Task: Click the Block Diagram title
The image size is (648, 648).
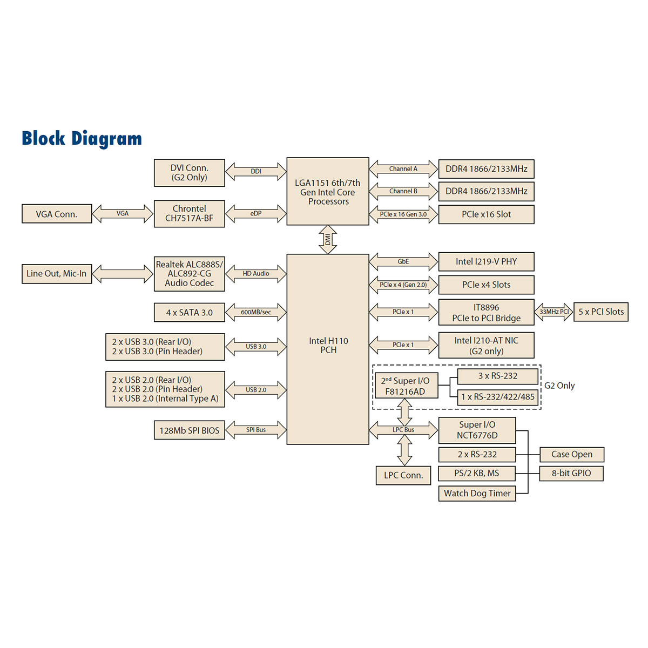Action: tap(82, 138)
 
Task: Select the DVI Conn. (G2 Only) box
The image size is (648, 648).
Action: tap(189, 173)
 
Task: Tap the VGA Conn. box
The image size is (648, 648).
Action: tap(57, 214)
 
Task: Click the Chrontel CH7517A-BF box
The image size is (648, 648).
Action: tap(189, 213)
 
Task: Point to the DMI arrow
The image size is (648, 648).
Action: tap(328, 239)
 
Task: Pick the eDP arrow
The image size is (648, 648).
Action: tap(255, 213)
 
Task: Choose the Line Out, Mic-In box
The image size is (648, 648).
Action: tap(57, 273)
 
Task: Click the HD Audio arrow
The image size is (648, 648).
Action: tap(255, 274)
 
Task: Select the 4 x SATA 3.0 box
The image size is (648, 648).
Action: tap(189, 312)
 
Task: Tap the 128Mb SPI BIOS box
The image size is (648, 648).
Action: tap(189, 430)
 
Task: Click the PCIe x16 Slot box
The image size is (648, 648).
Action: tap(486, 214)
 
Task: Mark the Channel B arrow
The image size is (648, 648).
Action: tap(403, 191)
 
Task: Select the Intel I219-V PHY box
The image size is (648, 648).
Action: tap(486, 261)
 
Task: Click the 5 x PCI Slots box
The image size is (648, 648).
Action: tap(600, 312)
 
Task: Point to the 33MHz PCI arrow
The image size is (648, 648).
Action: tap(553, 312)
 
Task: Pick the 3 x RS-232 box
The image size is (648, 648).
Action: tap(497, 376)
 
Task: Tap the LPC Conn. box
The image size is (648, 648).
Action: tap(403, 475)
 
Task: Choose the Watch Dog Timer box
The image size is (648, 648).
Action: tap(477, 493)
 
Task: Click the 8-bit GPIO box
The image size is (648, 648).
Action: tap(571, 473)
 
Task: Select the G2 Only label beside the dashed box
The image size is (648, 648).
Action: tap(559, 386)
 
